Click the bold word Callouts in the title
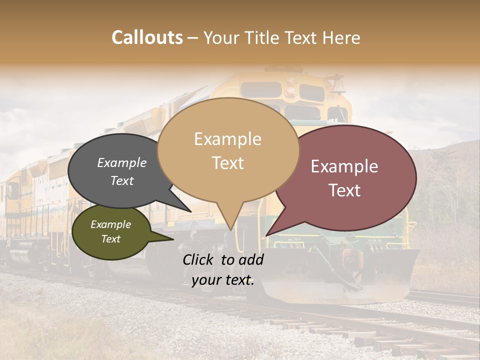coord(147,37)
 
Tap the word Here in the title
coord(341,37)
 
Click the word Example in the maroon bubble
coord(344,166)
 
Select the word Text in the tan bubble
coord(228,163)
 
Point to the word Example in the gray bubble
coord(122,162)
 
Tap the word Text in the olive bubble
coord(111,239)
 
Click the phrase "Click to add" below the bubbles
coord(223,259)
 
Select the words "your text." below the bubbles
coord(223,280)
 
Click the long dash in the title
coord(193,37)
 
